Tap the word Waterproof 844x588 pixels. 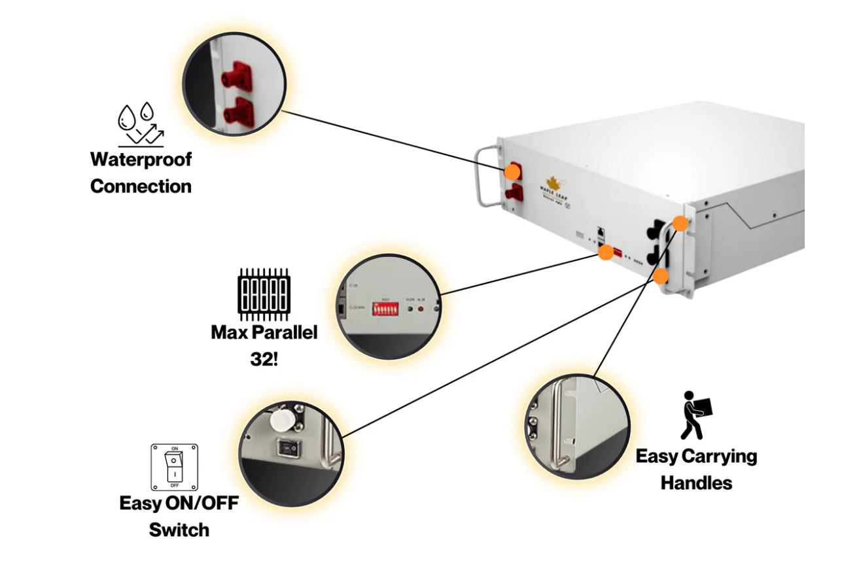click(141, 159)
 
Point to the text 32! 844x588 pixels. click(264, 359)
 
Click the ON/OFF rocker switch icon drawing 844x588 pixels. click(175, 467)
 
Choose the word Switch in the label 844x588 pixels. click(179, 529)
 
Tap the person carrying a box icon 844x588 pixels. click(696, 415)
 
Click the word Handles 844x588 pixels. click(695, 483)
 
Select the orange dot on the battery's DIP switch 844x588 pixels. click(607, 251)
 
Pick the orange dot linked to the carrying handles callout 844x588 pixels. click(680, 223)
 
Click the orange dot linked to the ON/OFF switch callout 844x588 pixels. click(661, 275)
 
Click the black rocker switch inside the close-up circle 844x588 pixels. click(286, 447)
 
